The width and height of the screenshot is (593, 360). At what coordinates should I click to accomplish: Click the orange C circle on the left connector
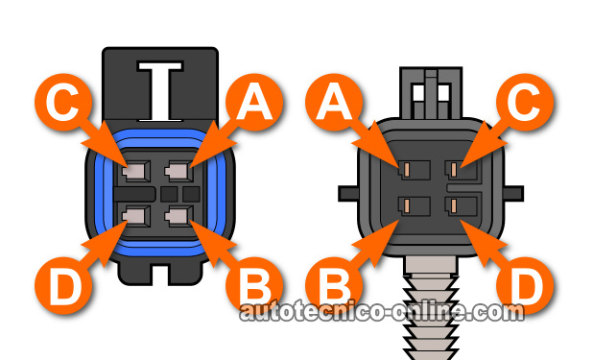63,102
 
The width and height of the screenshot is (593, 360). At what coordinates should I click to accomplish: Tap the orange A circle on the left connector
254,102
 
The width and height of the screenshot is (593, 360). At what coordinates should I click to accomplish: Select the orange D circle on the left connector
63,285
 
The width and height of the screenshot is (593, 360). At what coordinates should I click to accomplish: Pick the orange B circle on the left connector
254,285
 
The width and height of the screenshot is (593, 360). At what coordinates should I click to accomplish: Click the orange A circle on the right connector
334,102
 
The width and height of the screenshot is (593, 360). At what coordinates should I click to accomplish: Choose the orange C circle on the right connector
525,102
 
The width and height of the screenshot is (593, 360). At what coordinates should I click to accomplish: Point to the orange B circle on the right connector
334,285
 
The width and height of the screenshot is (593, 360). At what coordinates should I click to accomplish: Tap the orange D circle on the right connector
525,285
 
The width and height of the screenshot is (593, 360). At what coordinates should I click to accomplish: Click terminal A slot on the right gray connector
415,170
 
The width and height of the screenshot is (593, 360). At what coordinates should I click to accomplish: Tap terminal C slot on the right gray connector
461,170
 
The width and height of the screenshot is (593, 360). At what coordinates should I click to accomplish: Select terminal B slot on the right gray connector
415,206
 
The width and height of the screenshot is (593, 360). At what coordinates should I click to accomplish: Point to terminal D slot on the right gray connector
461,206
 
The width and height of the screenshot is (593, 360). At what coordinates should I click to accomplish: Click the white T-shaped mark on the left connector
160,91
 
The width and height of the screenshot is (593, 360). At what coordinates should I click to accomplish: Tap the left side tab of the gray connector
348,193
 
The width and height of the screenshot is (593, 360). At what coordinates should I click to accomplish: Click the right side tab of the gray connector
513,193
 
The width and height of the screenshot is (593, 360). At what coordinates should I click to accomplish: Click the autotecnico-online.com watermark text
382,312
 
